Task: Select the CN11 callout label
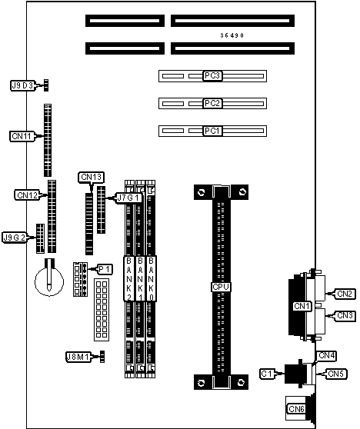pyautogui.click(x=22, y=136)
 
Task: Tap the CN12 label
pyautogui.click(x=27, y=195)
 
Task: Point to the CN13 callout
pyautogui.click(x=92, y=178)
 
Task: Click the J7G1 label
pyautogui.click(x=129, y=198)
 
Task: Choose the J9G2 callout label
pyautogui.click(x=15, y=238)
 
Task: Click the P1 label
pyautogui.click(x=105, y=270)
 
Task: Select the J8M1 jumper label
pyautogui.click(x=78, y=357)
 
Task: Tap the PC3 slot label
pyautogui.click(x=212, y=75)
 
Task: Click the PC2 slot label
pyautogui.click(x=212, y=103)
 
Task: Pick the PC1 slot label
pyautogui.click(x=212, y=131)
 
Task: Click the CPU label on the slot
pyautogui.click(x=221, y=287)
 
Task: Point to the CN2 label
pyautogui.click(x=345, y=294)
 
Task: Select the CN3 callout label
pyautogui.click(x=345, y=315)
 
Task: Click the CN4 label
pyautogui.click(x=327, y=356)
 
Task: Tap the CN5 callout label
pyautogui.click(x=336, y=374)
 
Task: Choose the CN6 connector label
pyautogui.click(x=296, y=409)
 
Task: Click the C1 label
pyautogui.click(x=267, y=374)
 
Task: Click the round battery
pyautogui.click(x=49, y=281)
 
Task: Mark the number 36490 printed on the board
pyautogui.click(x=232, y=35)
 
